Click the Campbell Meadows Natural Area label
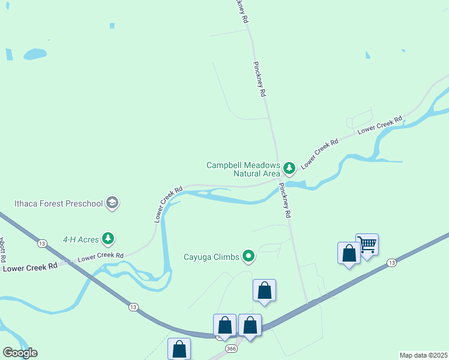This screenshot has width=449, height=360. pos(243,169)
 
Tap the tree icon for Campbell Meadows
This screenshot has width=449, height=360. pos(289,167)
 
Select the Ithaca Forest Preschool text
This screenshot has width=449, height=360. pos(59,203)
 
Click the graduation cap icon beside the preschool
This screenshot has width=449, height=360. pos(112,203)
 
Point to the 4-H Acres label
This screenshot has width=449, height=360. pos(80,239)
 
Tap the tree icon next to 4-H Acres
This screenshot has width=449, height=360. pos(108,239)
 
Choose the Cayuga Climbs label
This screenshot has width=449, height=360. pos(212,257)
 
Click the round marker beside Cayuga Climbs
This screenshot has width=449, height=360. pos(249,257)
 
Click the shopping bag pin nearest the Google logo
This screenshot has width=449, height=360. pos(179,349)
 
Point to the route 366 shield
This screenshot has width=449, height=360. pos(231,349)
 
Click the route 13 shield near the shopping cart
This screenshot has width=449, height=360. pos(391,263)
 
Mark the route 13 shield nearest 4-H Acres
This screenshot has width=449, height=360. pos(41,243)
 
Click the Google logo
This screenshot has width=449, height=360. pos(20,352)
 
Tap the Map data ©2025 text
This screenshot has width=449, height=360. pos(423,355)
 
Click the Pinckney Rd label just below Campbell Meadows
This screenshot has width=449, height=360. pos(285,200)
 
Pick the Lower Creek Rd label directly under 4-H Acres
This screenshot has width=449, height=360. pos(101,256)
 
